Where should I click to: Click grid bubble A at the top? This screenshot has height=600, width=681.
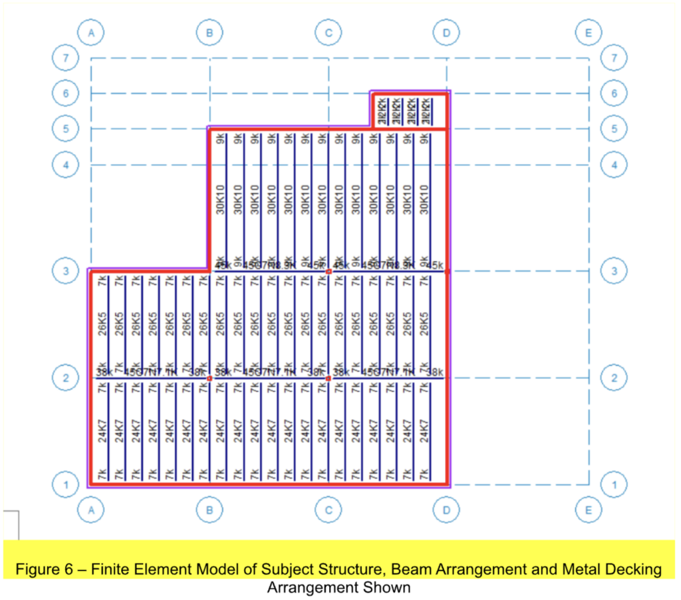coord(90,31)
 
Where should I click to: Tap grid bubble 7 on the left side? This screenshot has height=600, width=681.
coord(65,58)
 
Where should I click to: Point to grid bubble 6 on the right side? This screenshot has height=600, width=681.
coord(613,94)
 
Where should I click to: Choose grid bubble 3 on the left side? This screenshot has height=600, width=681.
coord(65,271)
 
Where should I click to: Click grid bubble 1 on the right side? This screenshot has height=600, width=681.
coord(613,485)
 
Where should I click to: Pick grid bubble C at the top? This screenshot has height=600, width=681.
coord(328,31)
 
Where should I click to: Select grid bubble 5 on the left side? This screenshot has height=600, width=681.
coord(65,128)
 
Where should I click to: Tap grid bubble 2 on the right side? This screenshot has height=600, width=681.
coord(613,378)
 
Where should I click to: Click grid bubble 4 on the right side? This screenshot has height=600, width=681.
coord(613,163)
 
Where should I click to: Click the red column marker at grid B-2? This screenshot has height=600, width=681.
coord(209,378)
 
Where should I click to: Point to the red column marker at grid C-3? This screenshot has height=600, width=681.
coord(329,271)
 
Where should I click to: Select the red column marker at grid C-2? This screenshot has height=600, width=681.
coord(329,378)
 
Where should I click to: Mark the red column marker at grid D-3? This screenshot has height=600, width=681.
coord(447,271)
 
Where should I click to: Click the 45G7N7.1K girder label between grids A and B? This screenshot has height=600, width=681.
coord(150,372)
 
